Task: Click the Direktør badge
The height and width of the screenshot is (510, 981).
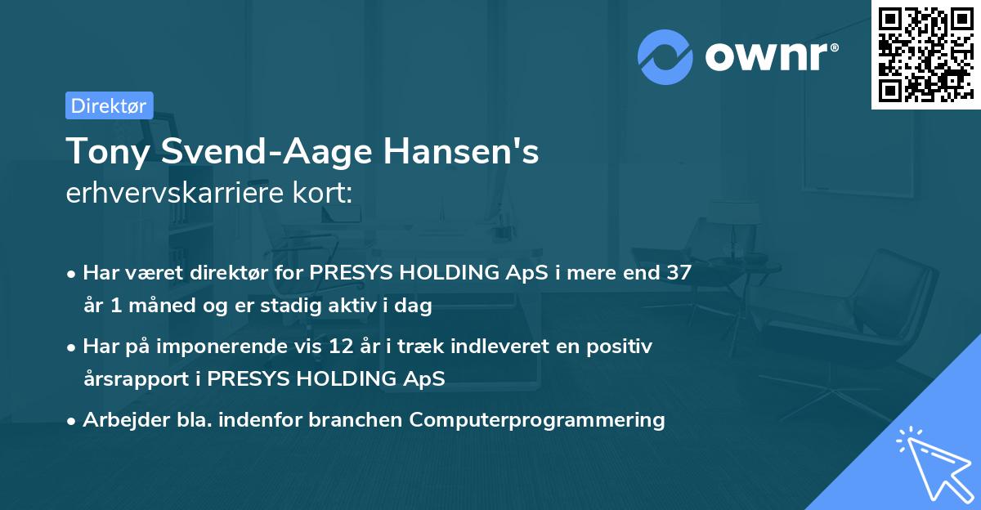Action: tap(109, 105)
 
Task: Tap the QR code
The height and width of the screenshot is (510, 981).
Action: tap(923, 54)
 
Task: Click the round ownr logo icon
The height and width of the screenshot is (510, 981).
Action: tap(665, 56)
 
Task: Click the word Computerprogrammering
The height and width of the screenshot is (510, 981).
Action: tap(537, 420)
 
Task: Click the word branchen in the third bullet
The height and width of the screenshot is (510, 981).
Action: tap(364, 420)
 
